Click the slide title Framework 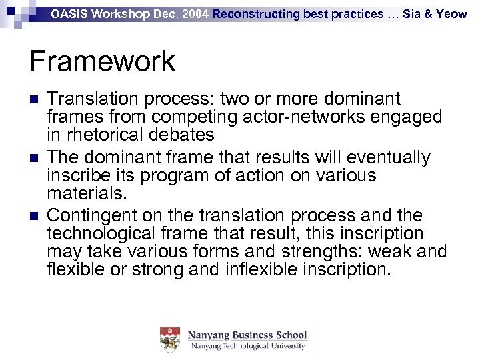click(x=102, y=61)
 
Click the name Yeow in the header click(x=452, y=13)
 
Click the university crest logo click(x=171, y=340)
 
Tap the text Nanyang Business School click(x=247, y=335)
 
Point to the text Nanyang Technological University click(x=247, y=346)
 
